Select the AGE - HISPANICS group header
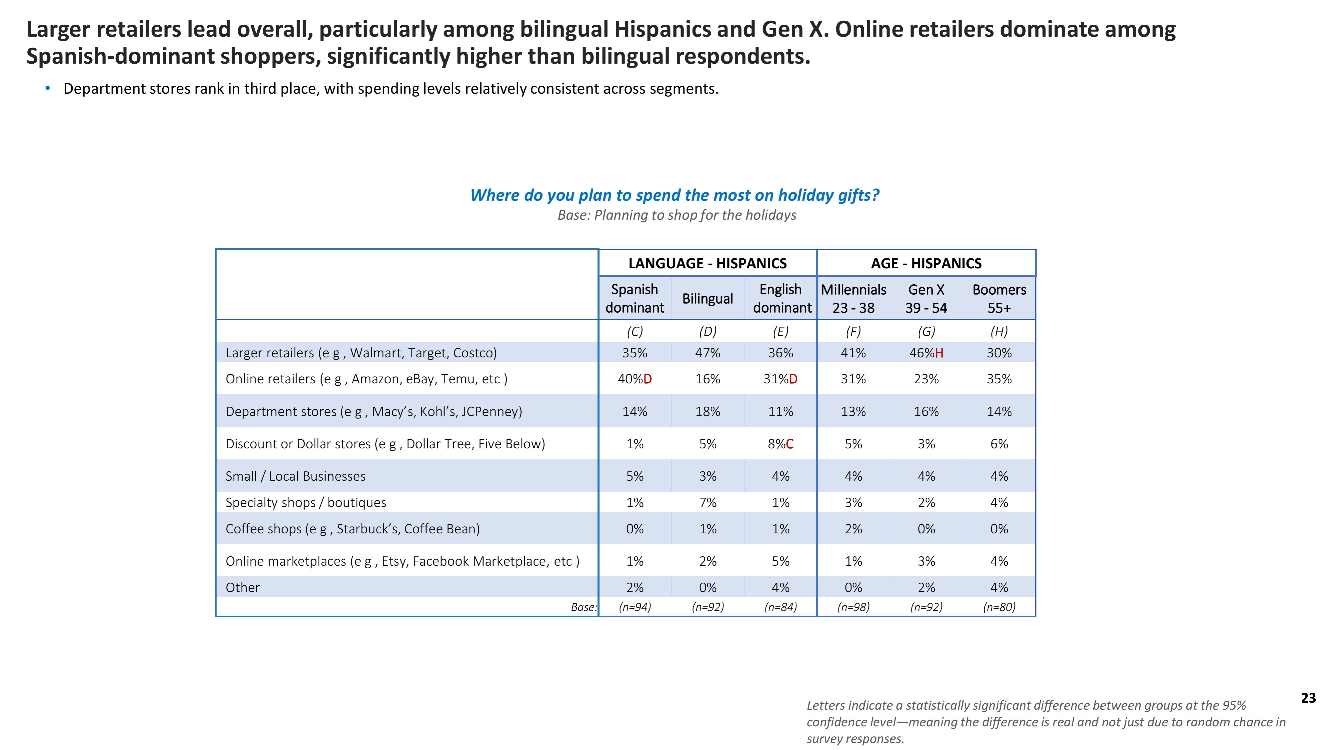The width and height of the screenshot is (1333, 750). coord(926,263)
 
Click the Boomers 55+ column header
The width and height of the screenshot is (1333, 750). coord(999,299)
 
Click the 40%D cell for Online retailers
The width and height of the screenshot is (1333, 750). coord(635,379)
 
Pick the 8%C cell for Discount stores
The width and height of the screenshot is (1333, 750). coord(780,444)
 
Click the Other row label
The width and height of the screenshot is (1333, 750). coord(243,587)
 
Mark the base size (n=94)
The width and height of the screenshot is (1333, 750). coord(635,607)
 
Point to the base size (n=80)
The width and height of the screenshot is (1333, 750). coord(999,607)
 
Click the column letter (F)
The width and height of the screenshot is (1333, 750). coord(853,331)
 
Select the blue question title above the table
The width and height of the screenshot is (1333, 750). coord(674,195)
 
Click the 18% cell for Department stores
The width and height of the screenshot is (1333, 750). coord(707,411)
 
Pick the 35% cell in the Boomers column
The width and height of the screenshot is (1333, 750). coord(999,379)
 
